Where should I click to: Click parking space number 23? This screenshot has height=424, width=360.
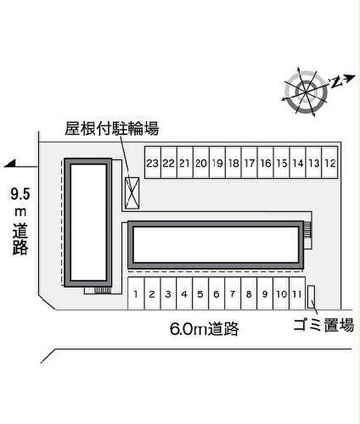153,162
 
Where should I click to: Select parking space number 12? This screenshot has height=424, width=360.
330,162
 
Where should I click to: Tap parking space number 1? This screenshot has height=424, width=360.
136,293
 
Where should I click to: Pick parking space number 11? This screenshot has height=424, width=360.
297,293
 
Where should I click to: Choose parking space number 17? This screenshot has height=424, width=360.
249,162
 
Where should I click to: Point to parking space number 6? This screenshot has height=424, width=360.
217,293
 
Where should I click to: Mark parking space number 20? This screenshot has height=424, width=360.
201,162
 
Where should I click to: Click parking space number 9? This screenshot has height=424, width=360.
265,293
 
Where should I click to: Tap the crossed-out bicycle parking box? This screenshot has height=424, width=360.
132,193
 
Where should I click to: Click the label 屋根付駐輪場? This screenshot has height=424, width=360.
112,128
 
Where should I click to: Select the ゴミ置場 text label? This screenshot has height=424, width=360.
324,325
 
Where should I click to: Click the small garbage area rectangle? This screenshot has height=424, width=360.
311,297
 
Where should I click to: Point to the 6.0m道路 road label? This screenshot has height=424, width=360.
204,328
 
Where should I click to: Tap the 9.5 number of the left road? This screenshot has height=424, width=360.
20,194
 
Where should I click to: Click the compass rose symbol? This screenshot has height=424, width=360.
306,92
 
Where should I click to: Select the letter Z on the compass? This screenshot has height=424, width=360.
336,82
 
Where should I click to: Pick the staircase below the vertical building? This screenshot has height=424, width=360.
102,290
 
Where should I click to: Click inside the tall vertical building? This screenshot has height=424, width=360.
88,222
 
